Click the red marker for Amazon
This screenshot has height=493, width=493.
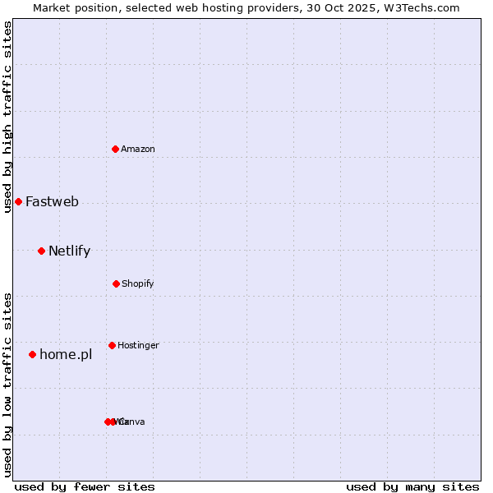point(116,149)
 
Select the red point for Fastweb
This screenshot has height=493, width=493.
point(18,201)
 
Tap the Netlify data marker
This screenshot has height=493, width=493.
point(41,251)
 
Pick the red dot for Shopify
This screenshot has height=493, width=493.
point(116,283)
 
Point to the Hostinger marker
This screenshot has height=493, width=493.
point(112,345)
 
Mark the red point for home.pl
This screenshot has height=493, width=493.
point(32,354)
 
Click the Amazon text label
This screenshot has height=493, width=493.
point(138,149)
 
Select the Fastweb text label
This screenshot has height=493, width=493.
point(52,201)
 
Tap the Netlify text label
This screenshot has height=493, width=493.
point(69,251)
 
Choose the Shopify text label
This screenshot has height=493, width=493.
point(138,283)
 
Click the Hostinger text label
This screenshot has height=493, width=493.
point(138,345)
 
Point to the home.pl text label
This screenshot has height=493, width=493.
point(66,354)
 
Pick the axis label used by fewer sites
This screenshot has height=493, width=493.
point(85,486)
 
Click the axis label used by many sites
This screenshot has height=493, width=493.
point(412,486)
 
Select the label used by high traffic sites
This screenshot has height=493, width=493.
point(7,117)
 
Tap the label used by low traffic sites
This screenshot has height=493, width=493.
point(7,385)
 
